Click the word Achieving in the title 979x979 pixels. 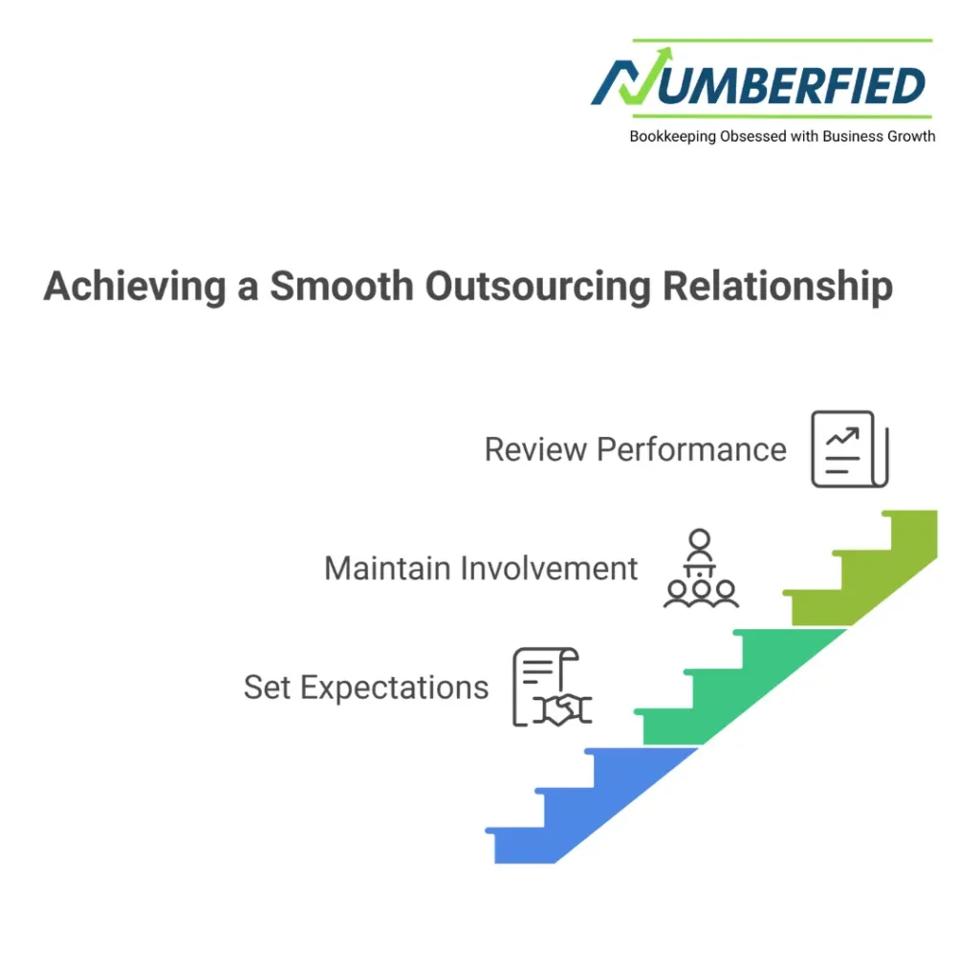coord(135,287)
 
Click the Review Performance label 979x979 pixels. coord(635,449)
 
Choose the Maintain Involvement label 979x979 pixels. coord(481,568)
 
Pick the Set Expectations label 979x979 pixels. coord(366,686)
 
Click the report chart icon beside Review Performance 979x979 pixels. coord(849,449)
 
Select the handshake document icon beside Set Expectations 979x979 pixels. coord(551,686)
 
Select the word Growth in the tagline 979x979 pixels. coord(913,137)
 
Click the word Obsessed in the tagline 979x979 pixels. coord(751,137)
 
